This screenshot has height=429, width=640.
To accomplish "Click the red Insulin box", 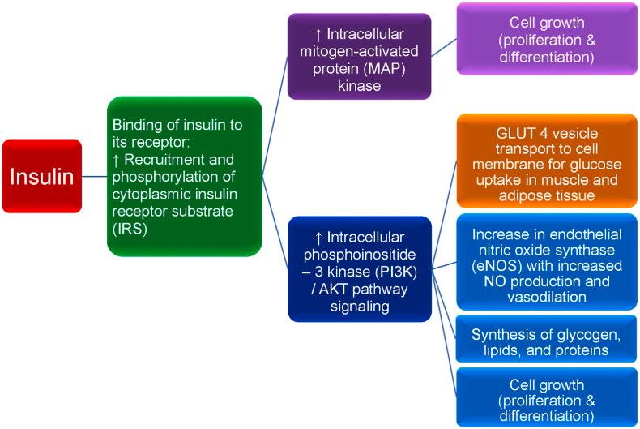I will tap(41, 175).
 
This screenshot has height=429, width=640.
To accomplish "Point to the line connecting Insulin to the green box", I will tap(94, 175).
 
